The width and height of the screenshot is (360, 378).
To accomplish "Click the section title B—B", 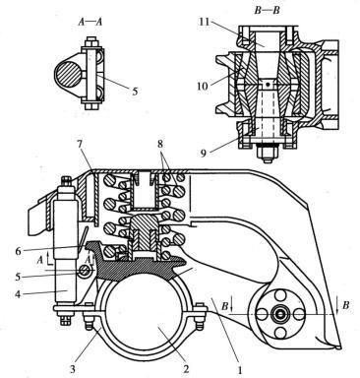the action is click(267, 11).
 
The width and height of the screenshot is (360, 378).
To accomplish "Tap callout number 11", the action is click(207, 23).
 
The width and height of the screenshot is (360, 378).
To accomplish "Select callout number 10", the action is click(203, 87).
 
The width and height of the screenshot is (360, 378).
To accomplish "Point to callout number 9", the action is click(204, 154).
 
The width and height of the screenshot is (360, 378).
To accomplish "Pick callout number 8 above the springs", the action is click(160, 145).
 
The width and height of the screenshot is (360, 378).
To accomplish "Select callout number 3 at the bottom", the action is click(73, 369).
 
